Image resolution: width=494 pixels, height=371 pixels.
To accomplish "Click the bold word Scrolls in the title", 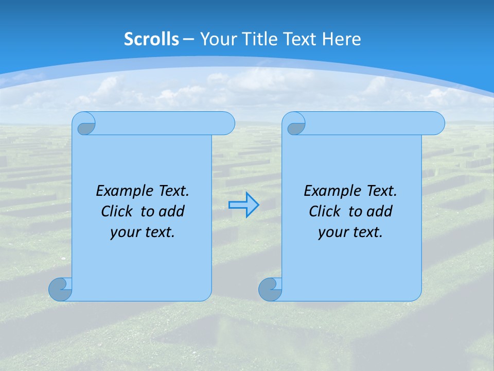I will click(151, 39).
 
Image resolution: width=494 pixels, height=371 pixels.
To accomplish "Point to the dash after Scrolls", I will click(188, 39).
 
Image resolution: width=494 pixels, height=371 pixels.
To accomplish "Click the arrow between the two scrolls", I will click(243, 205).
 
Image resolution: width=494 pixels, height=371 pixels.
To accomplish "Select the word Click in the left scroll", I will click(116, 211).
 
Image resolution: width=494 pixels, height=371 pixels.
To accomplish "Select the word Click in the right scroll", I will click(324, 211).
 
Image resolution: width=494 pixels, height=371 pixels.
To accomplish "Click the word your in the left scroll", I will click(125, 232).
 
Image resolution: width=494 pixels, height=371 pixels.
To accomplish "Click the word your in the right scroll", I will click(333, 232).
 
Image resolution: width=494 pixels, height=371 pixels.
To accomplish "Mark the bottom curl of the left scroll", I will click(60, 290).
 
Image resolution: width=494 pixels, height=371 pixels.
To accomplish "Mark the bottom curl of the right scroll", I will click(270, 290).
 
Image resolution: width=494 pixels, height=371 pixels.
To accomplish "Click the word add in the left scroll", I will click(172, 211).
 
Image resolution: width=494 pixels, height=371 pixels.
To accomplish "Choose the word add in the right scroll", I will click(380, 211).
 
